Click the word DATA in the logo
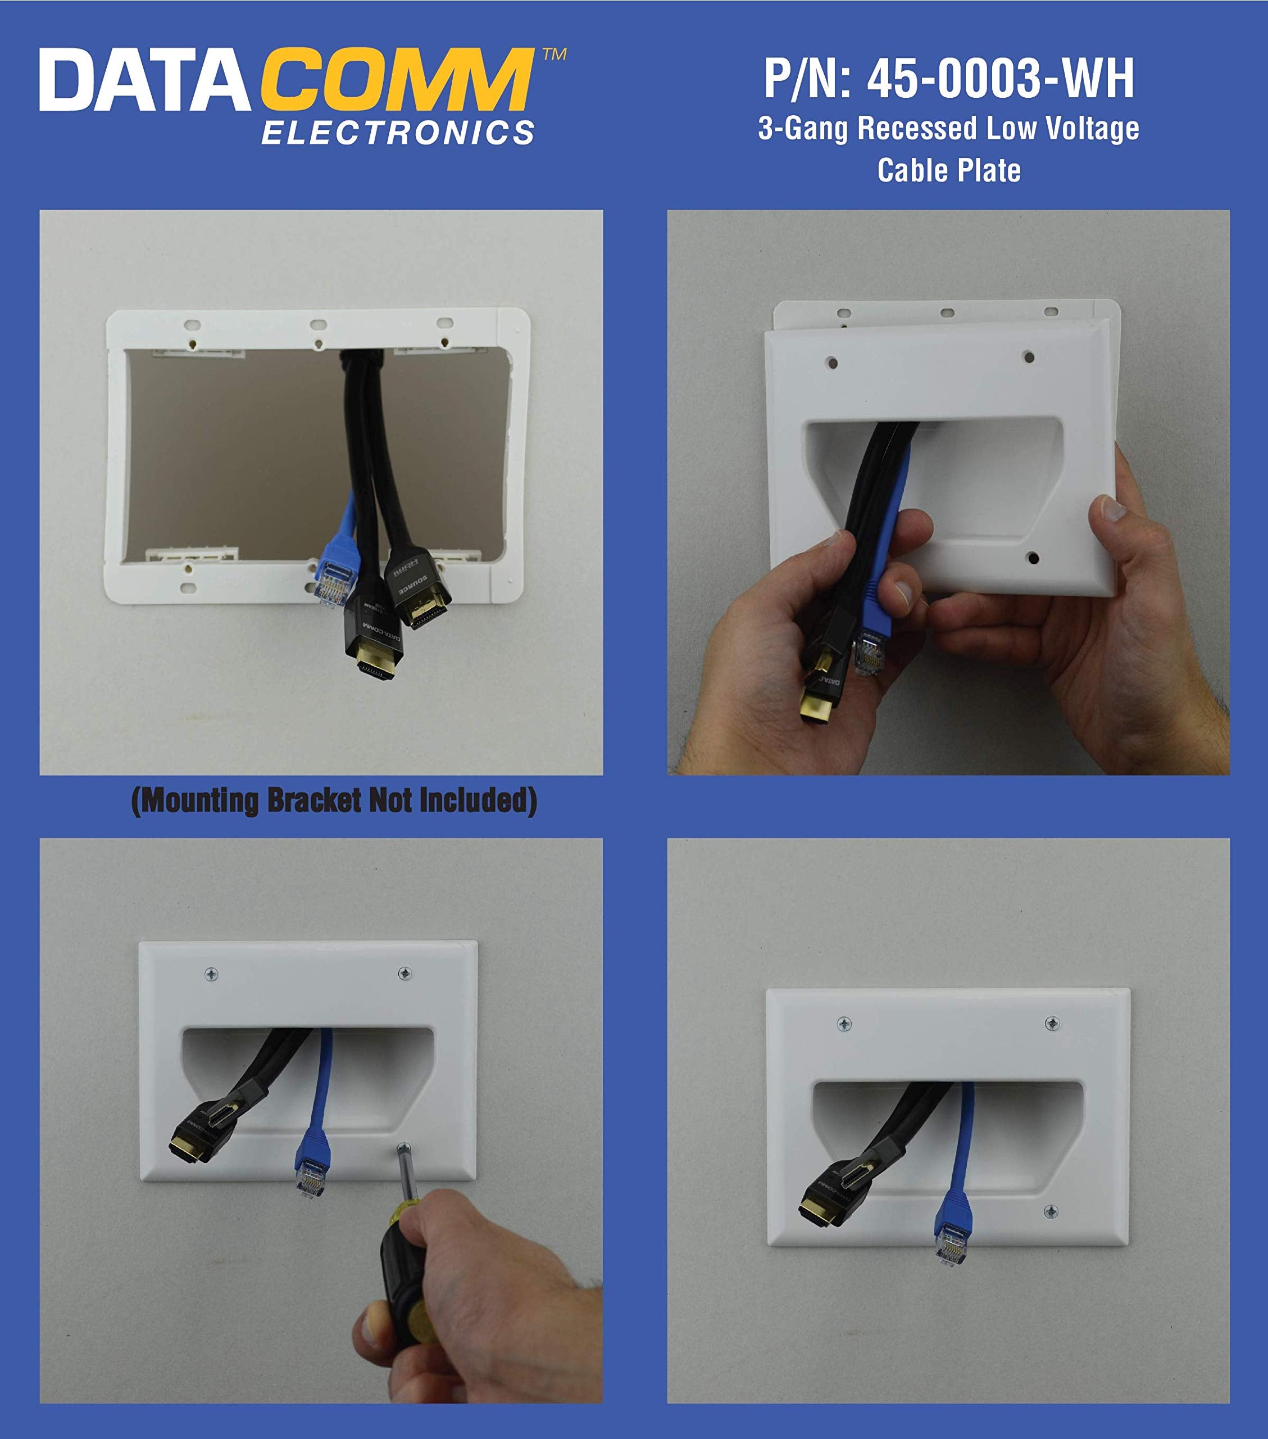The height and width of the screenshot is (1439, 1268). (144, 80)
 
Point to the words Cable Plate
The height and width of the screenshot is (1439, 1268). (948, 170)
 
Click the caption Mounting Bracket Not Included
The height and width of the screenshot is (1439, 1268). (334, 800)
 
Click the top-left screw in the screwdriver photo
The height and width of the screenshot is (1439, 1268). (211, 974)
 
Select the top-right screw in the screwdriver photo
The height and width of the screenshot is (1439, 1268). (405, 974)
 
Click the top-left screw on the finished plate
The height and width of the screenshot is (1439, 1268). (844, 1023)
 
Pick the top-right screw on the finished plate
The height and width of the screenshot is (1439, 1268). (1052, 1022)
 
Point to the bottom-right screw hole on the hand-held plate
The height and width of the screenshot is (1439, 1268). (1033, 558)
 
